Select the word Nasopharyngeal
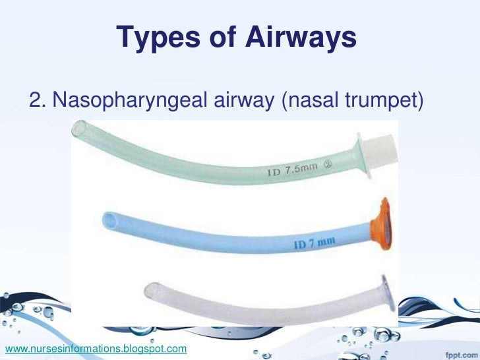click(x=131, y=101)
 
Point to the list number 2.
click(x=36, y=101)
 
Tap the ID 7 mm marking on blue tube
click(x=316, y=245)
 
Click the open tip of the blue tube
click(x=109, y=219)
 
